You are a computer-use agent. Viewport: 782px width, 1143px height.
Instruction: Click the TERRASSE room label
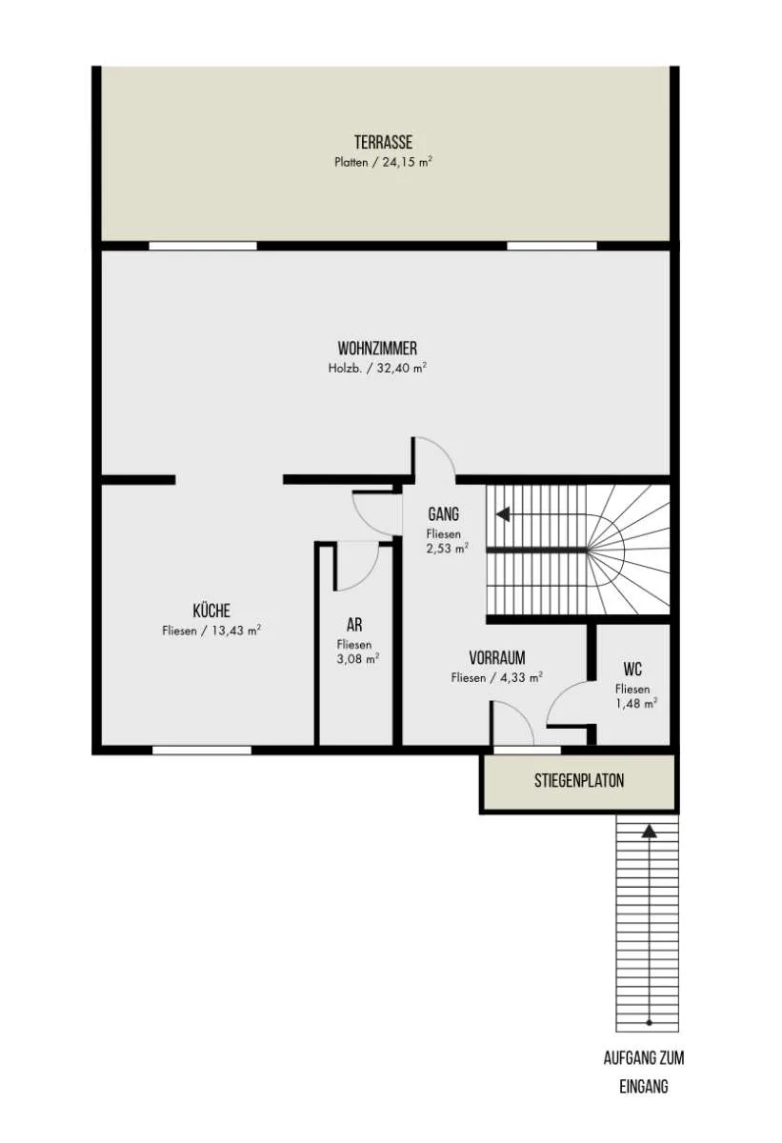pyautogui.click(x=383, y=142)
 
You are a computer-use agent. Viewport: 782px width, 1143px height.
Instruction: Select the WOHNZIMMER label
pyautogui.click(x=377, y=349)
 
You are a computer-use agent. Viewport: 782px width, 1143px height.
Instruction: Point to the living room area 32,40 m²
pyautogui.click(x=401, y=368)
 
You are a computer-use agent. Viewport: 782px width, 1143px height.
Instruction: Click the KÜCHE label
pyautogui.click(x=211, y=611)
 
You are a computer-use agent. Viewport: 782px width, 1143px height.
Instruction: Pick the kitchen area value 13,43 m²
pyautogui.click(x=236, y=631)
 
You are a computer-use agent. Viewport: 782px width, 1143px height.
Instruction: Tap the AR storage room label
pyautogui.click(x=354, y=625)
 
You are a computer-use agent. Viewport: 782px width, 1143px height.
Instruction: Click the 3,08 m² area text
pyautogui.click(x=357, y=659)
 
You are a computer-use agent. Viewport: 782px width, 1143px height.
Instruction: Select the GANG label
pyautogui.click(x=443, y=513)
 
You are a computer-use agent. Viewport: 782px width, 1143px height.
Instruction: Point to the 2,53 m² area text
pyautogui.click(x=448, y=549)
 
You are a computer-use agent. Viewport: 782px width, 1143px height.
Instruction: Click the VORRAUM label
pyautogui.click(x=497, y=658)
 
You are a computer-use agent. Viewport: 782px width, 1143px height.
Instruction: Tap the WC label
pyautogui.click(x=632, y=669)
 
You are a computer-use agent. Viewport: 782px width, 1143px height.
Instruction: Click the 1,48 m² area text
pyautogui.click(x=636, y=703)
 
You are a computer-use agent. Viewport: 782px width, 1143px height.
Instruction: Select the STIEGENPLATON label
pyautogui.click(x=579, y=780)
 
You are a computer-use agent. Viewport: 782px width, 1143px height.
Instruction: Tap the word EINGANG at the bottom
pyautogui.click(x=644, y=1087)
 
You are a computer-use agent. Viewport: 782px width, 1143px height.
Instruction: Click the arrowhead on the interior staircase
pyautogui.click(x=503, y=513)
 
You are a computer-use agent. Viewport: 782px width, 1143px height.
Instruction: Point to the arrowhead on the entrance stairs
pyautogui.click(x=649, y=832)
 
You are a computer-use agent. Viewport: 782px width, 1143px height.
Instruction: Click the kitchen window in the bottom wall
pyautogui.click(x=202, y=751)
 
